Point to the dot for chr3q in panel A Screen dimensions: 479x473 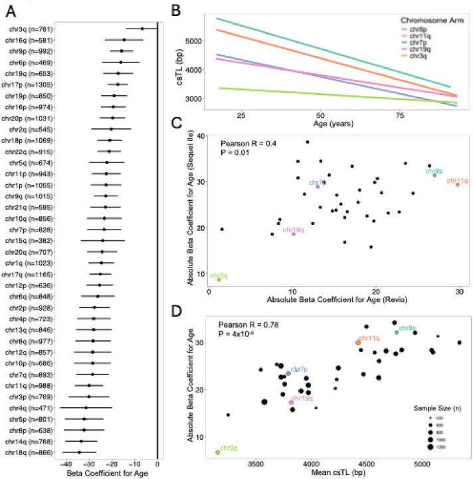click(x=142, y=29)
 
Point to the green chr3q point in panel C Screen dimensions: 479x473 click(x=219, y=279)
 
